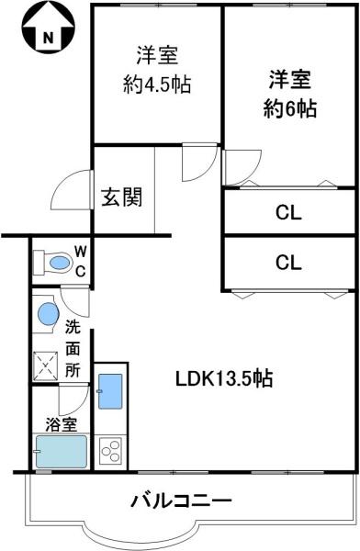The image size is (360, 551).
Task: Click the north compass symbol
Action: coord(48,28)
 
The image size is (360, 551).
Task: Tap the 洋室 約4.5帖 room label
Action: coord(157,70)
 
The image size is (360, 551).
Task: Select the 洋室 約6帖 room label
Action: coord(290,94)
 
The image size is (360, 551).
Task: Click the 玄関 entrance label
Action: coord(122,197)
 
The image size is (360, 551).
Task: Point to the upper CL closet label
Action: coord(288,213)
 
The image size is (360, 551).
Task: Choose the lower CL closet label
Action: coord(288,263)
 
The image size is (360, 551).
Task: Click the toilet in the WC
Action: coord(52,263)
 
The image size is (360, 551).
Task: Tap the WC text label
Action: coord(81,261)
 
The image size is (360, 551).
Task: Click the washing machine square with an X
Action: coord(45,365)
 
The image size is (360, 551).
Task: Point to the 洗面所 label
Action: coord(73,349)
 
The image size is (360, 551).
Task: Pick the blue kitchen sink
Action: coord(110,391)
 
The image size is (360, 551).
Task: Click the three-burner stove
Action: coord(110,450)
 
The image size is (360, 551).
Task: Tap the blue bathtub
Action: coord(61,452)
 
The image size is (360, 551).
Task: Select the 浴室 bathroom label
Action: coord(62,425)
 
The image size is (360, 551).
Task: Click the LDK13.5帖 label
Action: coord(223,378)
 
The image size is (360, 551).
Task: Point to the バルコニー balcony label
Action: coord(182,500)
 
